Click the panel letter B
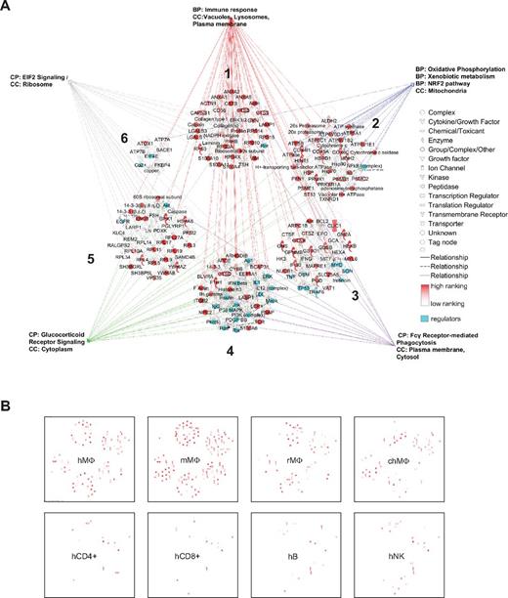point(8,403)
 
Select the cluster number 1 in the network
point(226,73)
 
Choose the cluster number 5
point(89,259)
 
